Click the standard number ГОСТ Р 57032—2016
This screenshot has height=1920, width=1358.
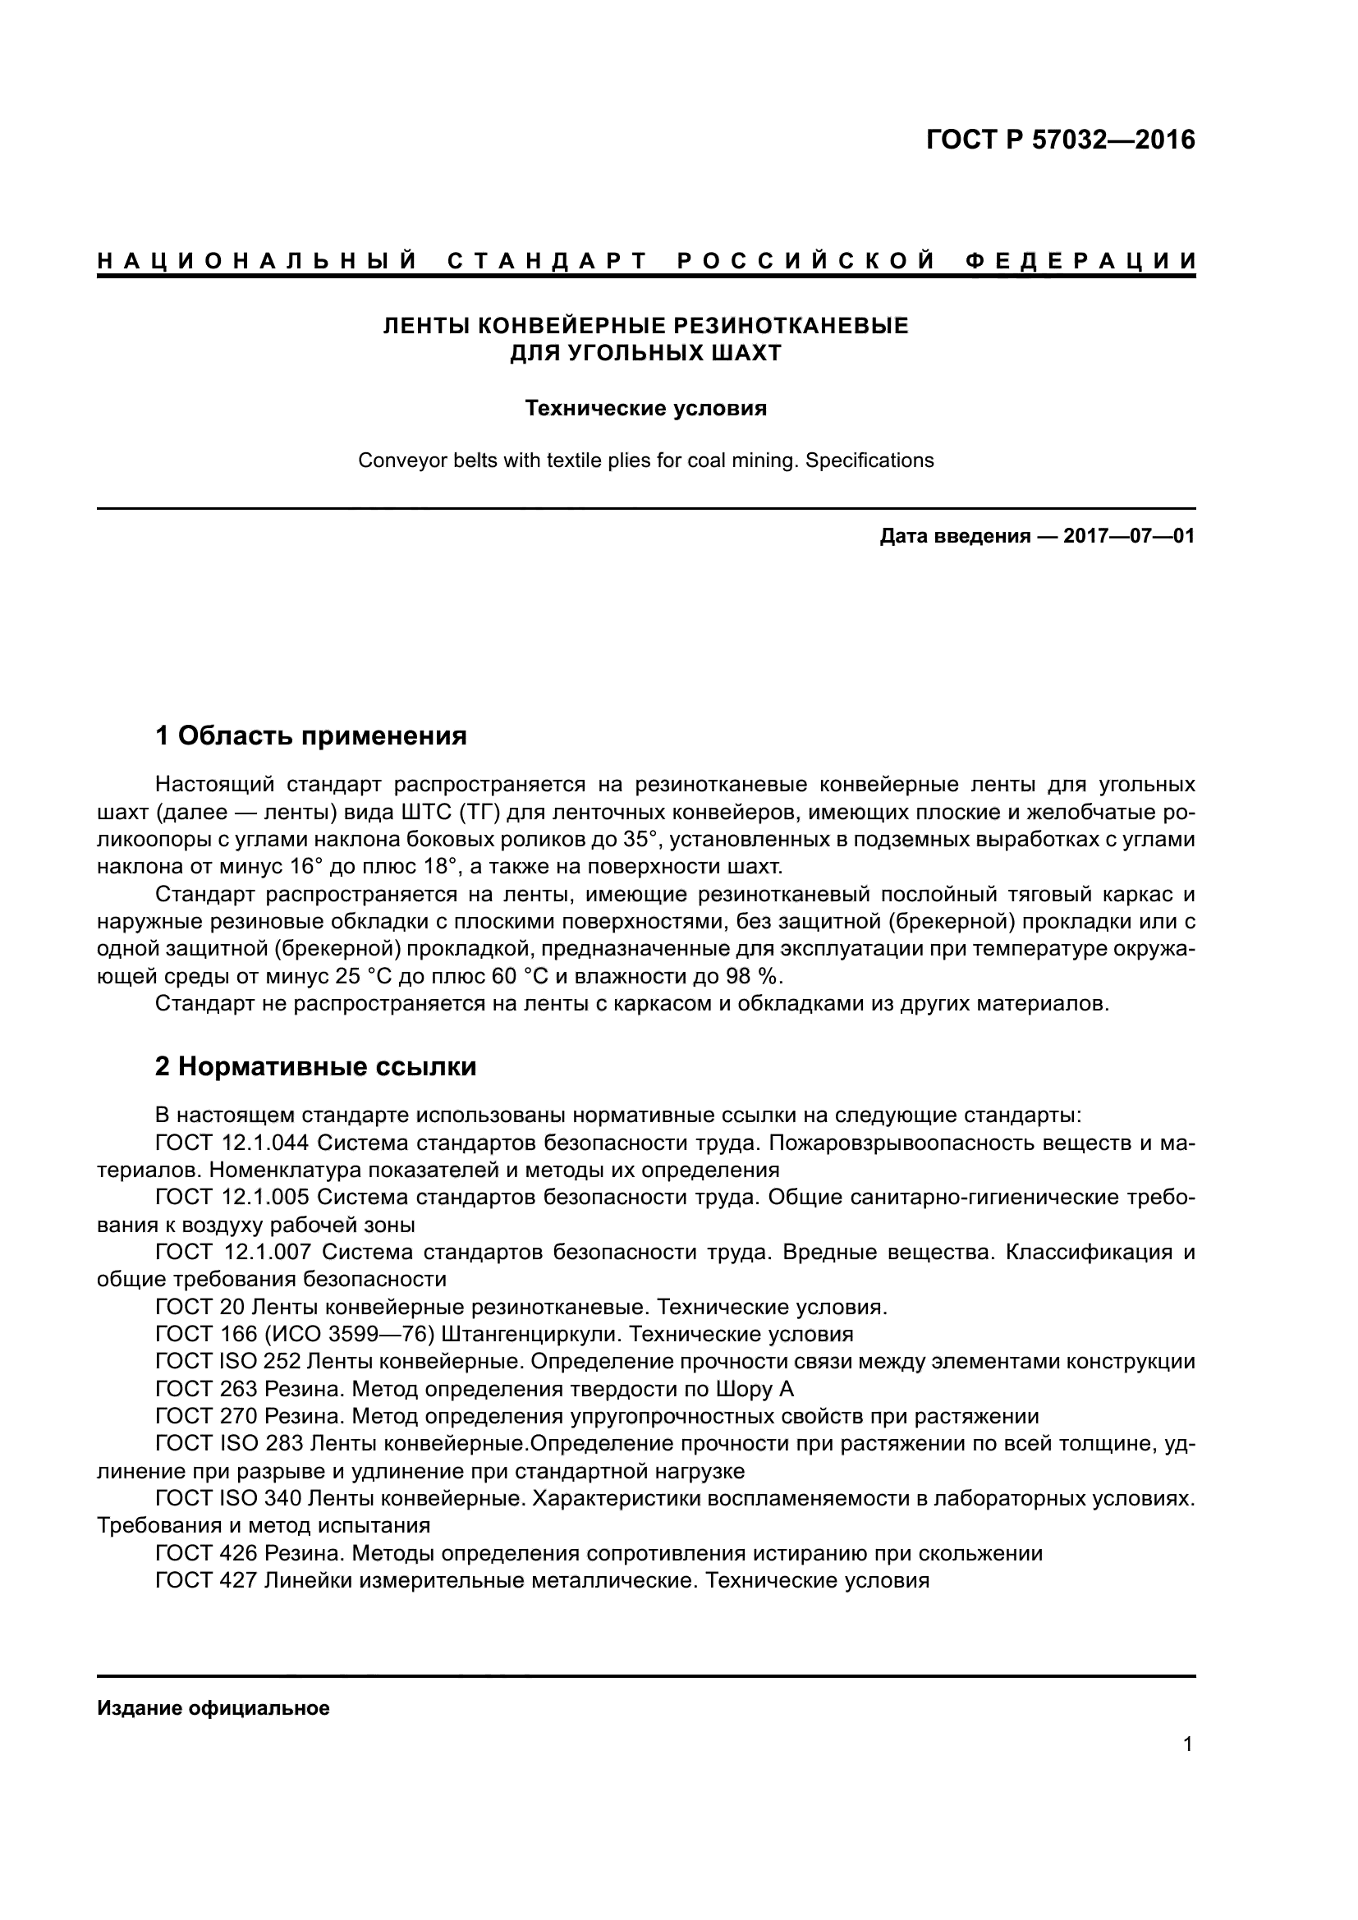[1059, 140]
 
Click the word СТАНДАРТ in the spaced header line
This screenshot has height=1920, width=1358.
[548, 262]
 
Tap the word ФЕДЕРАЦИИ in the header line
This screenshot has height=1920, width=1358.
[1081, 262]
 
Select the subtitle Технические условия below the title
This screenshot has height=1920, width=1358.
[645, 408]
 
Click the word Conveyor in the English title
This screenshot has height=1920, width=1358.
[392, 461]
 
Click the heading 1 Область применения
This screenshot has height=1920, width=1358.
[311, 735]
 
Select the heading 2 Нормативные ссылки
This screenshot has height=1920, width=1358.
[316, 1067]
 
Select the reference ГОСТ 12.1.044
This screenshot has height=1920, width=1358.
[233, 1143]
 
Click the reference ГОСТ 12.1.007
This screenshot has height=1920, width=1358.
[233, 1252]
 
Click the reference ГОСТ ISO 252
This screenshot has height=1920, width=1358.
[228, 1361]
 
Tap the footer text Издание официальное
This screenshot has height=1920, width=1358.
[213, 1708]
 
